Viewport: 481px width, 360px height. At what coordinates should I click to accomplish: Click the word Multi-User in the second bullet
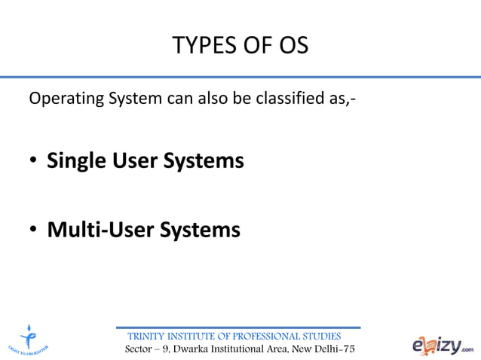point(93,229)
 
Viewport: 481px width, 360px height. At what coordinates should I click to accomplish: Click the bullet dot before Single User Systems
point(35,161)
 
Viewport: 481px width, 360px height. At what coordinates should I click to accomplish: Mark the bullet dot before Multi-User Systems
point(35,230)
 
